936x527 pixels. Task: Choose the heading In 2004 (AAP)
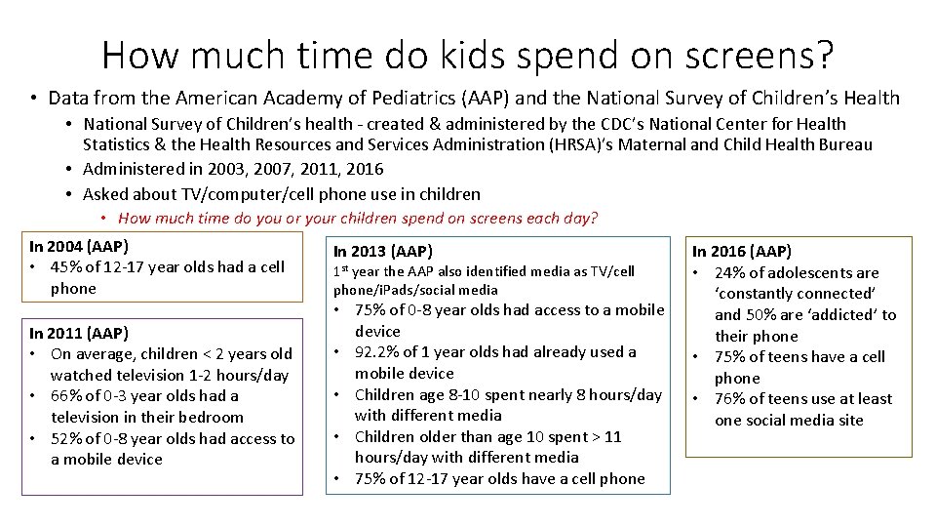click(79, 246)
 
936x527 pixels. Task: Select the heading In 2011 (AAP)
click(79, 333)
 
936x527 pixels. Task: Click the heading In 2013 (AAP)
click(383, 251)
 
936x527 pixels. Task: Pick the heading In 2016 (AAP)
click(743, 251)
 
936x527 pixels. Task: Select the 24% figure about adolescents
click(730, 272)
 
